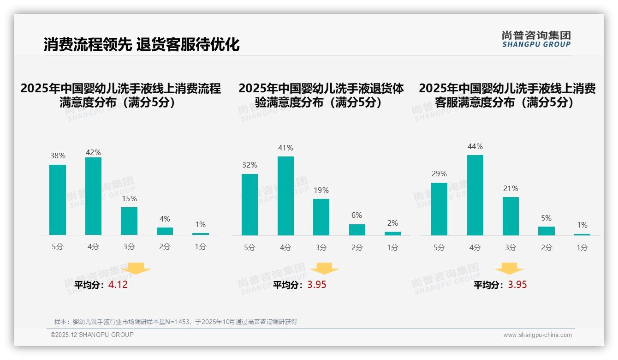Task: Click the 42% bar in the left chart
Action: click(93, 196)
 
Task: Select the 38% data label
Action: click(58, 156)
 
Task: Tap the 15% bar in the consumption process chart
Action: click(129, 221)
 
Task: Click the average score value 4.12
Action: click(118, 285)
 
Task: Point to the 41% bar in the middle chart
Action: click(285, 196)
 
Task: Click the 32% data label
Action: click(250, 165)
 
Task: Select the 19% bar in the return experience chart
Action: click(321, 217)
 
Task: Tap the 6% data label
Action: click(357, 215)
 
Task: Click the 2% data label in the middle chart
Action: click(392, 223)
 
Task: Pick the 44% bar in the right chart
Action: click(475, 195)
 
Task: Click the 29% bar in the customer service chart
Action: click(439, 209)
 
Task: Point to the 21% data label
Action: click(511, 188)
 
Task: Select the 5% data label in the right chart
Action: click(547, 218)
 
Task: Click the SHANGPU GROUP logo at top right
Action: click(536, 39)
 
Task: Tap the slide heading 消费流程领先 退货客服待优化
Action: click(142, 44)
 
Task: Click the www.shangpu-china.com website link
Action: click(537, 335)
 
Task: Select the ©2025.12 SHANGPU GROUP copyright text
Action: click(92, 335)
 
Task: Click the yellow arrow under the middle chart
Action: click(324, 269)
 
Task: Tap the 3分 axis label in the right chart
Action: click(511, 247)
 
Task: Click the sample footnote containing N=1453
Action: click(175, 322)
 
